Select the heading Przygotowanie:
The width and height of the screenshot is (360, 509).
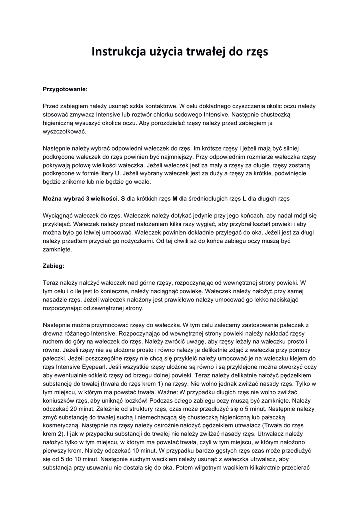tap(65, 89)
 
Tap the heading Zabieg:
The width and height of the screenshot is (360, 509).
tap(53, 266)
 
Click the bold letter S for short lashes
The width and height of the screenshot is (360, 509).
tap(123, 198)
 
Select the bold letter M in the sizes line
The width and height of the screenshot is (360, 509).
tap(175, 198)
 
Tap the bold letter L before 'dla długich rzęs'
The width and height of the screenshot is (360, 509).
tap(244, 198)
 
